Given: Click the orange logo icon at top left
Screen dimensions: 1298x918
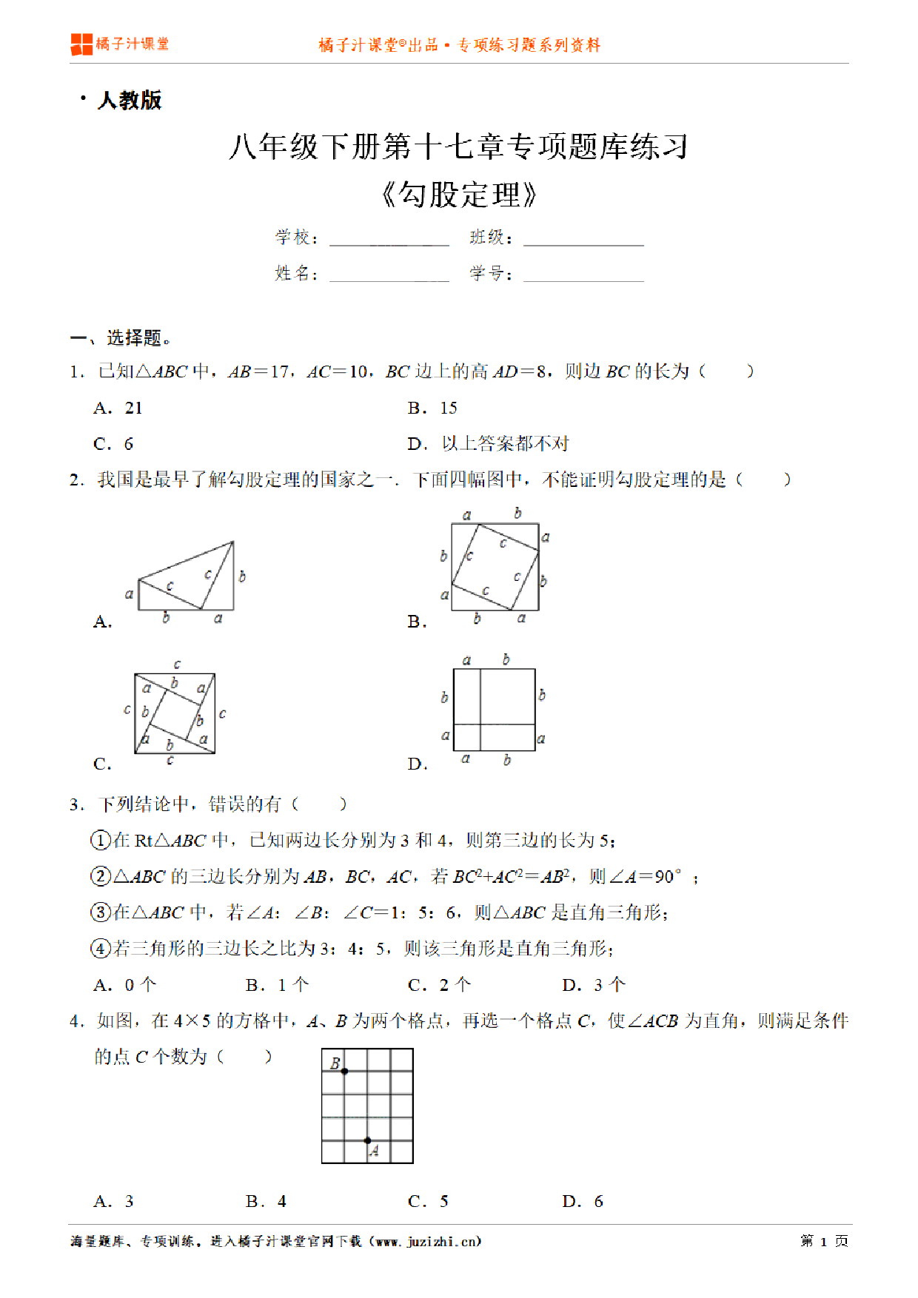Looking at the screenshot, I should pyautogui.click(x=81, y=44).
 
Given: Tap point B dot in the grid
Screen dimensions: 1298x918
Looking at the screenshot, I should pyautogui.click(x=344, y=1071).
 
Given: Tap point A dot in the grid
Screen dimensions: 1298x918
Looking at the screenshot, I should pyautogui.click(x=367, y=1140).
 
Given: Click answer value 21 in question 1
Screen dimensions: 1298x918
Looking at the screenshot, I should pyautogui.click(x=133, y=408).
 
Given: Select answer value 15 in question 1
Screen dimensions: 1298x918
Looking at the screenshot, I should pyautogui.click(x=449, y=408).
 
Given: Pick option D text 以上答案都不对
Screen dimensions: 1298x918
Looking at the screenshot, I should pyautogui.click(x=505, y=444).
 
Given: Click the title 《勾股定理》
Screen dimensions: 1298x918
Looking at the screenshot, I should pyautogui.click(x=458, y=195).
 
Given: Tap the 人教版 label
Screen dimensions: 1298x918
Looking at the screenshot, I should pyautogui.click(x=130, y=101).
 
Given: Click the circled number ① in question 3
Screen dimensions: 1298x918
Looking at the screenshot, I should pyautogui.click(x=100, y=841).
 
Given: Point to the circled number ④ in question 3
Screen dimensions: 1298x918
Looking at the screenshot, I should pyautogui.click(x=100, y=949).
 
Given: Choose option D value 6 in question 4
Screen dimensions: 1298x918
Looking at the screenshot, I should pyautogui.click(x=598, y=1201).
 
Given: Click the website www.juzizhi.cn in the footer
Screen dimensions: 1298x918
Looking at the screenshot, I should pyautogui.click(x=428, y=1241).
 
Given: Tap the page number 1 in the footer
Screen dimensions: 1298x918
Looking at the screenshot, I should pyautogui.click(x=823, y=1241).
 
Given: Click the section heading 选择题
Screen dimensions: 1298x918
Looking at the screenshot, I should pyautogui.click(x=134, y=338).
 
